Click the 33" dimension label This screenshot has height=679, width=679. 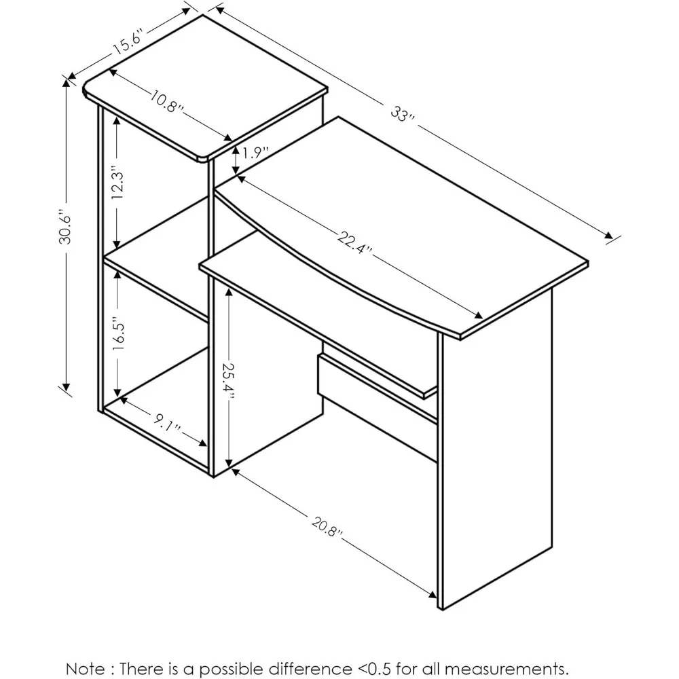[403, 114]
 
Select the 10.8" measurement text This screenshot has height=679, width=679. [167, 101]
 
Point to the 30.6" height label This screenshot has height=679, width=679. [66, 227]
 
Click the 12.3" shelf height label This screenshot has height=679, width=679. [117, 182]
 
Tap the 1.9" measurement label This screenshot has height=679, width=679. [255, 152]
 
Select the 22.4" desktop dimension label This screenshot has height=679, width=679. [354, 243]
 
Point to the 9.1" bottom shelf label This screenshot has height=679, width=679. [168, 422]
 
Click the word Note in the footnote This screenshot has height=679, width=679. [86, 668]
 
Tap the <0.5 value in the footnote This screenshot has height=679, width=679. [374, 668]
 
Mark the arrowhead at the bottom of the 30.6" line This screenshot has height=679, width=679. [67, 386]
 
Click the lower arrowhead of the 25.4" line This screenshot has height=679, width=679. [229, 463]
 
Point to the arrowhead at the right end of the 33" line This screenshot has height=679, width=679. [608, 236]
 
